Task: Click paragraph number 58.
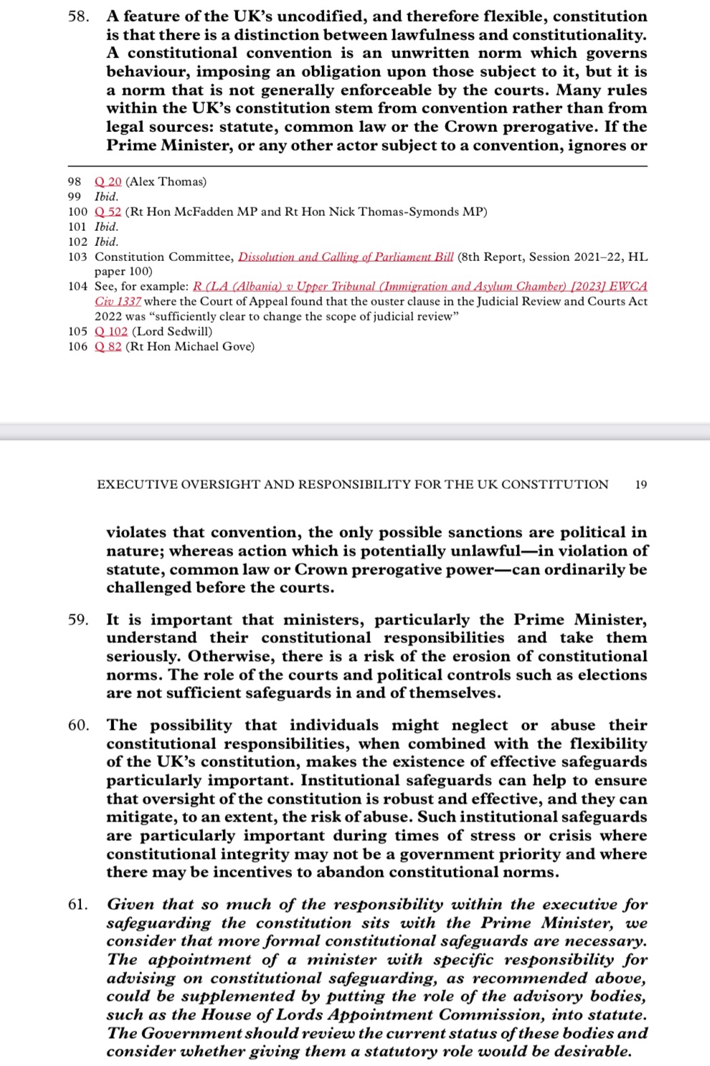78,16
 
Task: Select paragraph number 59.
78,620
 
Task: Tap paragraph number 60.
78,725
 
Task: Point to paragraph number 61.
78,905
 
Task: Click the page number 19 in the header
641,485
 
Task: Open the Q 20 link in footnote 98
108,181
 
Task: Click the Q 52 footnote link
108,211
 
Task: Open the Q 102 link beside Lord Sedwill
111,331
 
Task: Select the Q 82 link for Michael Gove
108,347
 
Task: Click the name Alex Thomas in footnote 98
166,181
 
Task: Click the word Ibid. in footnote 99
107,196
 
